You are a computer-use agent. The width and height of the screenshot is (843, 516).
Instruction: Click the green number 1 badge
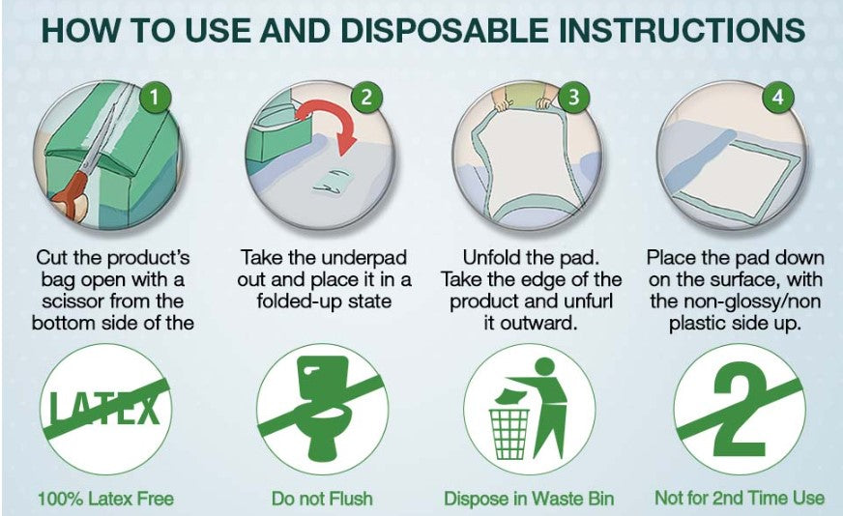coord(155,98)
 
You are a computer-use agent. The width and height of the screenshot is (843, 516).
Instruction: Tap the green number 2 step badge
coord(366,98)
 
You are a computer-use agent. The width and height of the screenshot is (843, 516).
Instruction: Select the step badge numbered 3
coord(573,98)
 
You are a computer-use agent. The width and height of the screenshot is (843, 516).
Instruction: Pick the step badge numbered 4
coord(778,98)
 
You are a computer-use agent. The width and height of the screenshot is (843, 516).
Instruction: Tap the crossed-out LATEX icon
coord(105,410)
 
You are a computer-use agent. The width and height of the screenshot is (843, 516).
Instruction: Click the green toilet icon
coord(324,408)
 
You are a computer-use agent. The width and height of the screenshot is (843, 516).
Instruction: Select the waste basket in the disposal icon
coord(509,434)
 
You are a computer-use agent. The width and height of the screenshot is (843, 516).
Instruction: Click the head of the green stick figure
coord(544,366)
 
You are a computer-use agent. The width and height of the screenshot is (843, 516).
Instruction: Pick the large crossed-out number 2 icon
coord(740,410)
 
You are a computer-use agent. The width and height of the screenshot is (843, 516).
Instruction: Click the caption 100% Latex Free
coord(105,499)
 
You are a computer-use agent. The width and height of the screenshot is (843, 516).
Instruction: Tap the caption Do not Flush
coord(322,499)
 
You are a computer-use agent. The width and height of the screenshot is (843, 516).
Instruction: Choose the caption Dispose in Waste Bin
coord(529,499)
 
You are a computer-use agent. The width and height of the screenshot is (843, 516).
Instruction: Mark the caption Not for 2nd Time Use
coord(740,498)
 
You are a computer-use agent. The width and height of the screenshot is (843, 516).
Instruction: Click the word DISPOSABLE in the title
coord(444,30)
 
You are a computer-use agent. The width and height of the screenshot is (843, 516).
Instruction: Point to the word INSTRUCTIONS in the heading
coord(682,30)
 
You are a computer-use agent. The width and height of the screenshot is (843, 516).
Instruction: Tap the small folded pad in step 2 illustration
coord(332,180)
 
